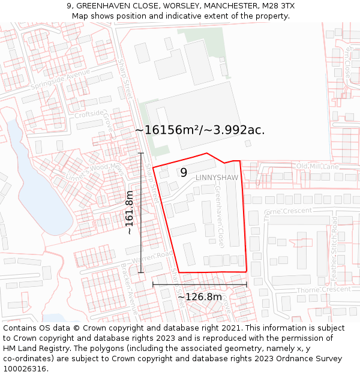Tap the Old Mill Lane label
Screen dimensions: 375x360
click(317, 166)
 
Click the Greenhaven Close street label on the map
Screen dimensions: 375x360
click(220, 217)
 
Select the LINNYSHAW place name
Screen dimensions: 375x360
click(217, 178)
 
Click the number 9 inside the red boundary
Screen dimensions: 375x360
click(184, 173)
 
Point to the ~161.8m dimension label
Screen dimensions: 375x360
click(129, 212)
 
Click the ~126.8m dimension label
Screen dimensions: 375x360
click(200, 296)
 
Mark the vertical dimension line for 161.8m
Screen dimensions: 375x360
click(142, 213)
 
